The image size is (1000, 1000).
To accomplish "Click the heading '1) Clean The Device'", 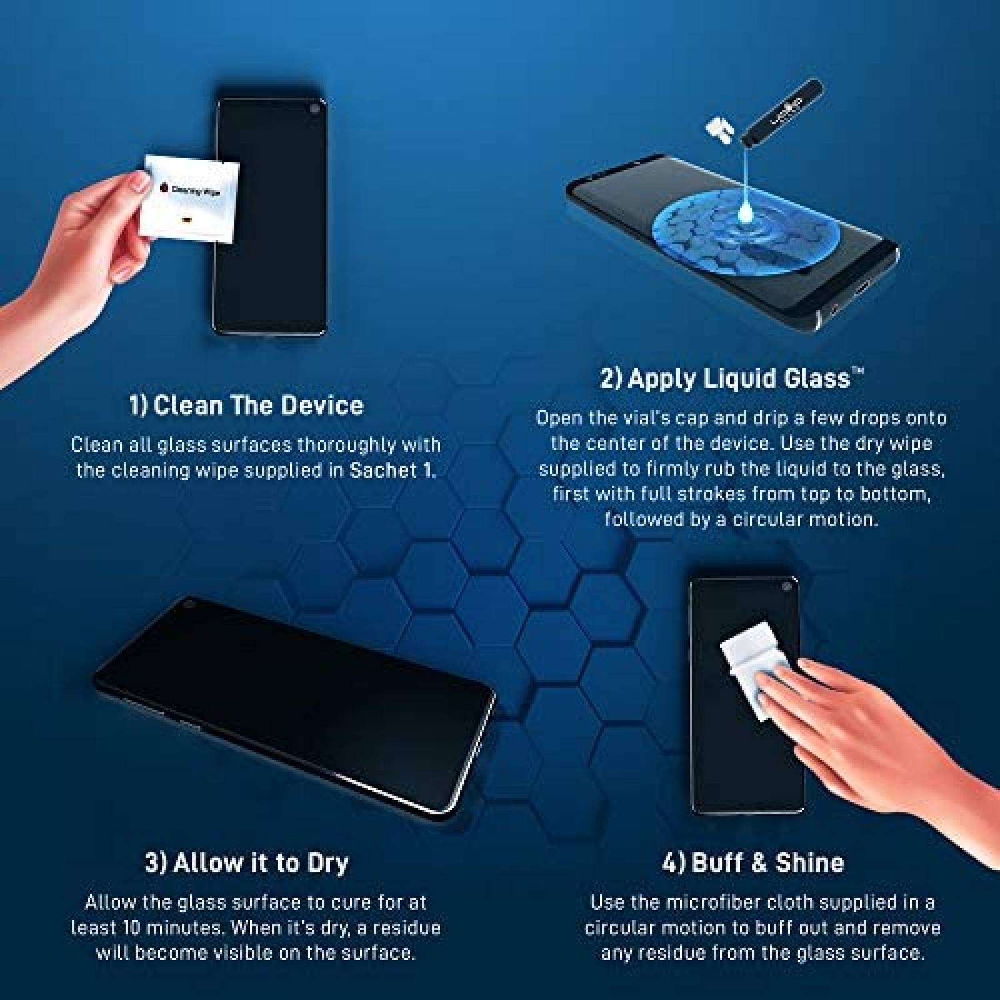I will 246,406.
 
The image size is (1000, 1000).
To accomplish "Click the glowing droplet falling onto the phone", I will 745,213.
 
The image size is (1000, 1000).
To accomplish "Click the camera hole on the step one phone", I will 312,111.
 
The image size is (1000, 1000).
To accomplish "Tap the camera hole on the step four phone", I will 786,587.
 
